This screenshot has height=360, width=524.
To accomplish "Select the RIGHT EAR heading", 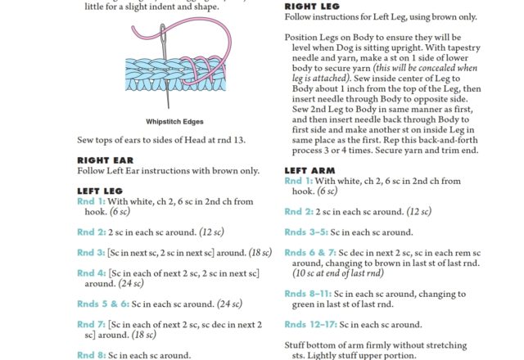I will pos(105,160).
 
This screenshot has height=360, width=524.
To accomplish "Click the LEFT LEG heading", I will pos(101,191).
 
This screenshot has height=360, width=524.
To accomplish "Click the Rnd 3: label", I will pos(91,252).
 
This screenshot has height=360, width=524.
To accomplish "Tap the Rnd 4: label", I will pos(91,272).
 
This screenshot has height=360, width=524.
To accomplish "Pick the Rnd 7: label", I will pos(91,324).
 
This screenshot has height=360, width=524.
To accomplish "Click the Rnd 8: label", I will pos(91,355).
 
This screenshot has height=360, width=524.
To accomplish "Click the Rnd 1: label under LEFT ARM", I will pos(298,181).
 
